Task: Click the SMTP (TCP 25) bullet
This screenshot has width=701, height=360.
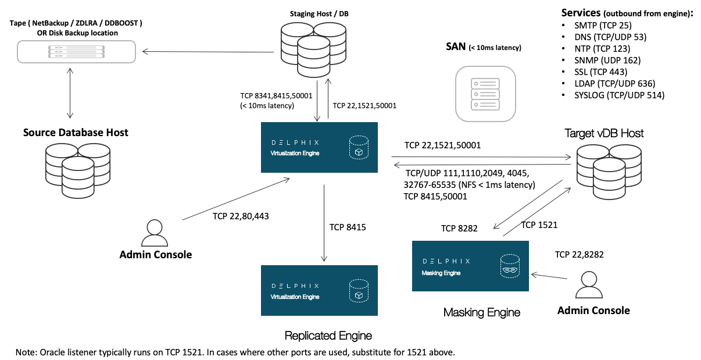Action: [x=603, y=25]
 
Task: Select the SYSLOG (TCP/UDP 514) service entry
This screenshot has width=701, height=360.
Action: [x=620, y=95]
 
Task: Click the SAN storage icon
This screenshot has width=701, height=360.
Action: [x=485, y=93]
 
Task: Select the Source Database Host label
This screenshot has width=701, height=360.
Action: [x=76, y=133]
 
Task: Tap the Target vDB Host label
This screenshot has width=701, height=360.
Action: [x=604, y=133]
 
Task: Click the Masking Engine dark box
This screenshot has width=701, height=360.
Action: [x=470, y=266]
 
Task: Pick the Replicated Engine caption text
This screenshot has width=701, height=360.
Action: [x=328, y=336]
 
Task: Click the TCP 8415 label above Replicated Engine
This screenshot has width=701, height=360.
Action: [x=348, y=227]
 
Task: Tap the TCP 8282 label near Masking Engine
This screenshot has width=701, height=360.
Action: [x=459, y=229]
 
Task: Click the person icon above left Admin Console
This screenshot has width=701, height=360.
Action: [x=154, y=233]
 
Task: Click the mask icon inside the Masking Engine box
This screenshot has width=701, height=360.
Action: [x=509, y=269]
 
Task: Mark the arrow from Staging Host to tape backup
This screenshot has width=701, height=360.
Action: [x=208, y=52]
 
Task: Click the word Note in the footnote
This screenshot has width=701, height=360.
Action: [x=26, y=352]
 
